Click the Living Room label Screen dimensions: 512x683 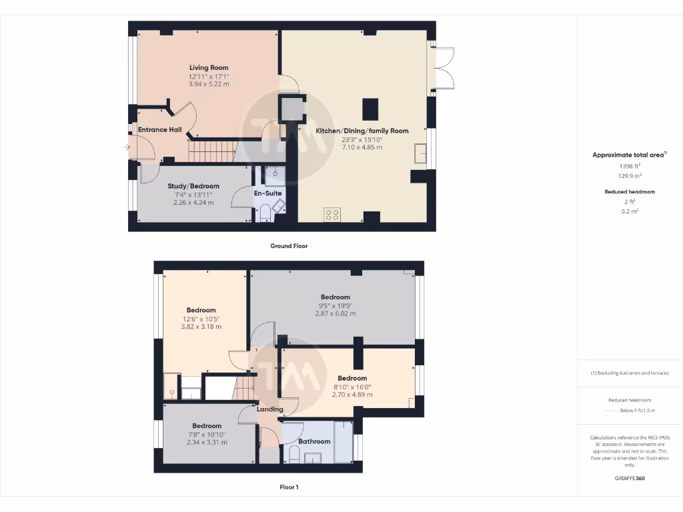pyautogui.click(x=209, y=67)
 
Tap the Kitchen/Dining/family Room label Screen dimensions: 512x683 pyautogui.click(x=362, y=131)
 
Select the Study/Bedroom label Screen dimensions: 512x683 pyautogui.click(x=193, y=186)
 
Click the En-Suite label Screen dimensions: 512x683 pyautogui.click(x=267, y=193)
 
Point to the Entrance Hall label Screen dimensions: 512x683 pyautogui.click(x=159, y=129)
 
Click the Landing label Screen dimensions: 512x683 pyautogui.click(x=269, y=409)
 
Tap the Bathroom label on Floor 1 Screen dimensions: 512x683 pyautogui.click(x=314, y=441)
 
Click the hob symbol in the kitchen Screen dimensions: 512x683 pyautogui.click(x=332, y=215)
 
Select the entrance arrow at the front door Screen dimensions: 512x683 pyautogui.click(x=128, y=147)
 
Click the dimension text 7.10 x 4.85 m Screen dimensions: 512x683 pyautogui.click(x=362, y=147)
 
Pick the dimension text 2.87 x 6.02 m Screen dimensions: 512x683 pyautogui.click(x=335, y=313)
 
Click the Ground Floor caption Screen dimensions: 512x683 pyautogui.click(x=289, y=246)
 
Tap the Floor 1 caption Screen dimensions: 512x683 pyautogui.click(x=289, y=487)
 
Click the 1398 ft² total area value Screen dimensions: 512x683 pyautogui.click(x=630, y=165)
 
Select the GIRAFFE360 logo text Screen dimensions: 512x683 pyautogui.click(x=630, y=478)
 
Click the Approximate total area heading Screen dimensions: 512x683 pyautogui.click(x=628, y=155)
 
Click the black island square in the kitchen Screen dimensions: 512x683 pyautogui.click(x=370, y=108)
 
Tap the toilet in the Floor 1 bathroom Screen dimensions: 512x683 pyautogui.click(x=294, y=455)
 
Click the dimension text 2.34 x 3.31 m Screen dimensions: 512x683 pyautogui.click(x=207, y=442)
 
